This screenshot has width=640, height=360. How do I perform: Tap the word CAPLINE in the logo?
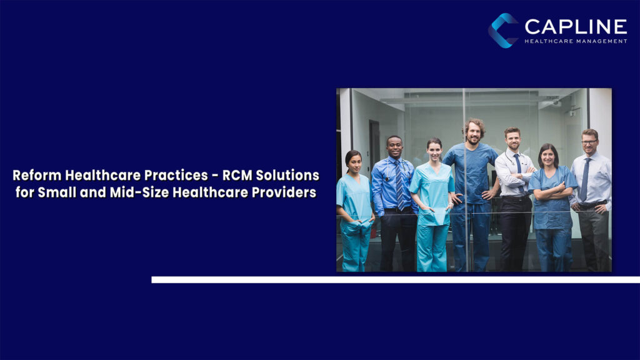pyautogui.click(x=576, y=26)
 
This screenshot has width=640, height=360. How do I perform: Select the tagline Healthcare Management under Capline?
pyautogui.click(x=576, y=41)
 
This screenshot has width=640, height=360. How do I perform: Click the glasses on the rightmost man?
pyautogui.click(x=589, y=142)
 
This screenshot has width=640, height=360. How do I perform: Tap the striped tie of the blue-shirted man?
pyautogui.click(x=399, y=185)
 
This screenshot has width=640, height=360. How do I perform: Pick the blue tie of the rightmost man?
pyautogui.click(x=585, y=179)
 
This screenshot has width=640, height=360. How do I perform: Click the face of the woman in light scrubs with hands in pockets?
pyautogui.click(x=434, y=151)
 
